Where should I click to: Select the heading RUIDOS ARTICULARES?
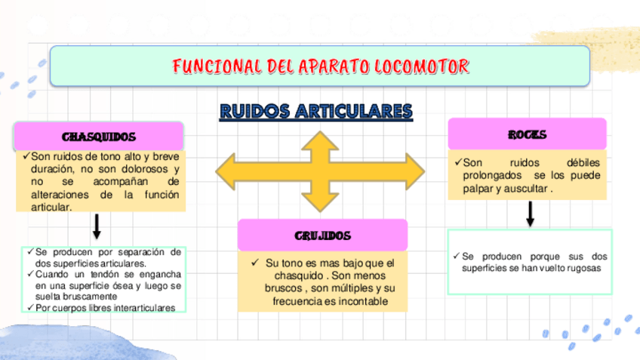(316, 112)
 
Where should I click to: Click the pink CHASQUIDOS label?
(99, 137)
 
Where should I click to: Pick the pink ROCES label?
(527, 134)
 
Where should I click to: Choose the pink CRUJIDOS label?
(322, 235)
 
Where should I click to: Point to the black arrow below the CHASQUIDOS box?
(97, 226)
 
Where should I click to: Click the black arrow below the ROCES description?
(531, 214)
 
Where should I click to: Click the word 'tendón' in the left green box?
(88, 274)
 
